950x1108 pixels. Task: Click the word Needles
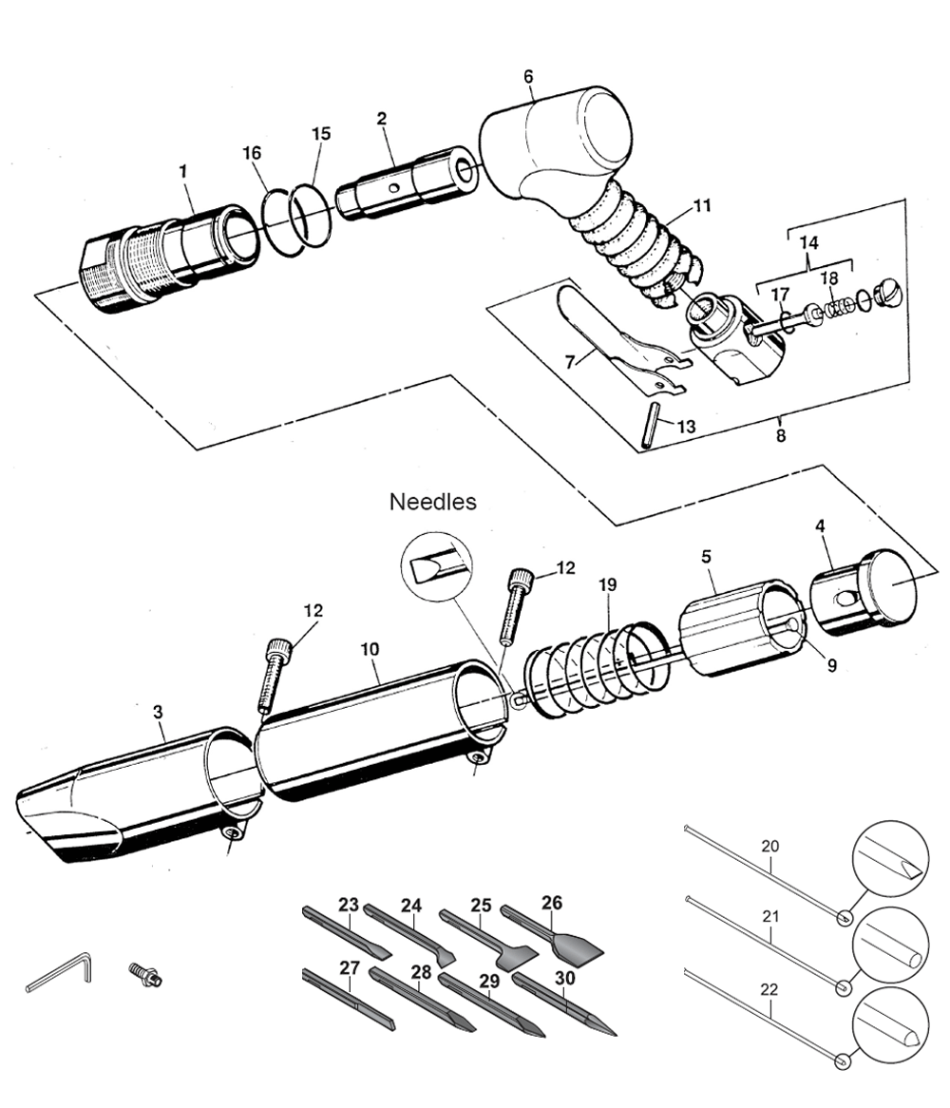(433, 502)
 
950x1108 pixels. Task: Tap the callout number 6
(528, 76)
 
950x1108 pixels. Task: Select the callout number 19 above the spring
(607, 585)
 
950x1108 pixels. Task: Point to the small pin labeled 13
(651, 425)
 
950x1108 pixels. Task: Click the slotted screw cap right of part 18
(889, 293)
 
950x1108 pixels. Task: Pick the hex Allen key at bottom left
(59, 971)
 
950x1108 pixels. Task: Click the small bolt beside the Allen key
(145, 974)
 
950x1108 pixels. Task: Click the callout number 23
(349, 905)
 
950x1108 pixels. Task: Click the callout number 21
(770, 916)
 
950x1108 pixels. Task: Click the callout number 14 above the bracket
(808, 242)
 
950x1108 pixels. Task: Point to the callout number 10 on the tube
(370, 649)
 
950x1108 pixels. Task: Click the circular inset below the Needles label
(436, 567)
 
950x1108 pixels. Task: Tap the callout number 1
(183, 171)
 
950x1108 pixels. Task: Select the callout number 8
(781, 435)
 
